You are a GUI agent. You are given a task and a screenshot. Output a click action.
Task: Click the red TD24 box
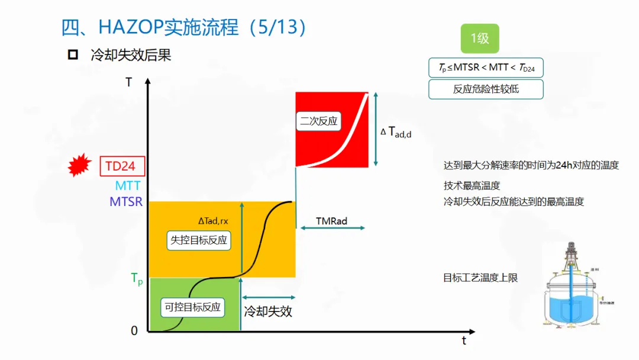(122, 166)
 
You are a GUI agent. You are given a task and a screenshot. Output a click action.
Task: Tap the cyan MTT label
(128, 186)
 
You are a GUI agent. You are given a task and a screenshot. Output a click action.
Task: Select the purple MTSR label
(126, 202)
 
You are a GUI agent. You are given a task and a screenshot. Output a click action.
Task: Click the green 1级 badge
(480, 38)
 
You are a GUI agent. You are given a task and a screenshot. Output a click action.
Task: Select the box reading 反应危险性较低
(486, 89)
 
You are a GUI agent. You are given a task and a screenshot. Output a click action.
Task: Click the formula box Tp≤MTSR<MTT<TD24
(486, 67)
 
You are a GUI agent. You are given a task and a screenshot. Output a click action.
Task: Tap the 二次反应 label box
(318, 121)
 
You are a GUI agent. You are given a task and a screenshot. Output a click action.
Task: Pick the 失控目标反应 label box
(199, 240)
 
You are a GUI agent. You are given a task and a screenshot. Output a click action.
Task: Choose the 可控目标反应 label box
(192, 307)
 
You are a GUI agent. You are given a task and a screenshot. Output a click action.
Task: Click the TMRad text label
(331, 221)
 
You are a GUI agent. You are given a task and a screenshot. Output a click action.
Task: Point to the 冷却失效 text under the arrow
(268, 311)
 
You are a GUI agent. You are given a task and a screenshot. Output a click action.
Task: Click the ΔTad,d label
(396, 132)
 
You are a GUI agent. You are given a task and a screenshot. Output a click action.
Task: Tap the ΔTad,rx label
(213, 221)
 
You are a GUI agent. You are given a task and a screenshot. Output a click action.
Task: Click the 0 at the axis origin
(134, 331)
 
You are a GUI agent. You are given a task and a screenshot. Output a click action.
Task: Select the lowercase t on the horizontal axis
(464, 340)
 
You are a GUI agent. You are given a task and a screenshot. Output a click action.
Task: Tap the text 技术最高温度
(472, 185)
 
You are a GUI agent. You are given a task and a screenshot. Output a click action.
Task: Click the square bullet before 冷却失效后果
(73, 55)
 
